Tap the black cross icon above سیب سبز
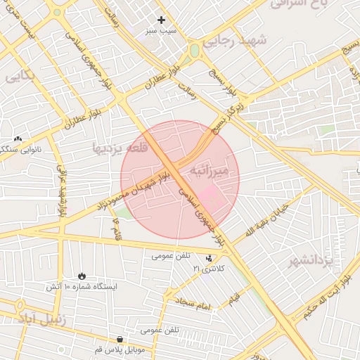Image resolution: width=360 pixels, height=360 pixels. tap(161, 20)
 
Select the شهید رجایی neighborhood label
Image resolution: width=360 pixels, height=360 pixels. tap(235, 41)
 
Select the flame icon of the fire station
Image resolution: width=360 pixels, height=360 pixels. tap(82, 275)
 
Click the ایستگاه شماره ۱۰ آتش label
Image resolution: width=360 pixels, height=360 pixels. tap(82, 287)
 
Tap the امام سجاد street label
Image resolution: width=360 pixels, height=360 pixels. tap(194, 304)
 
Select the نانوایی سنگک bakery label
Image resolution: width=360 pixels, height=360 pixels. tap(18, 149)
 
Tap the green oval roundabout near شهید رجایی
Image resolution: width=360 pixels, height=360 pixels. tap(194, 51)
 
